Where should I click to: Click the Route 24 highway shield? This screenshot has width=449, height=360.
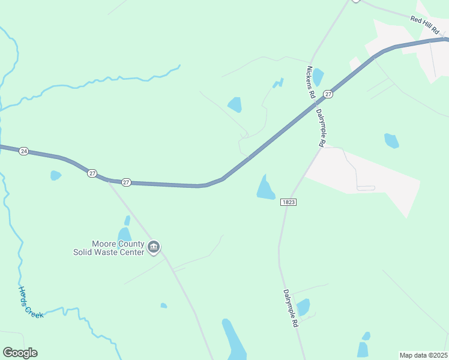click(23, 151)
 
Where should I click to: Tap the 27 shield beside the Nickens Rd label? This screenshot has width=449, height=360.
click(327, 94)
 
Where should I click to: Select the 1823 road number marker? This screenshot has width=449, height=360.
click(288, 203)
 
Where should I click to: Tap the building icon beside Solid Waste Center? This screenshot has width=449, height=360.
click(154, 247)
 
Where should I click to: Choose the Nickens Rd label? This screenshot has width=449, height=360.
click(310, 82)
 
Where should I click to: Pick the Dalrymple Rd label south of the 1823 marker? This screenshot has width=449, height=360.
click(291, 308)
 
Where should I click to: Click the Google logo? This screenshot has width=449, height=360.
click(20, 353)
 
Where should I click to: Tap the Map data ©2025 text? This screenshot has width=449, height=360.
click(423, 355)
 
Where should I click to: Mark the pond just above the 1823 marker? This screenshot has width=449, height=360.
click(265, 188)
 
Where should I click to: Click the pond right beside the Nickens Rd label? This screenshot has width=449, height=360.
click(318, 77)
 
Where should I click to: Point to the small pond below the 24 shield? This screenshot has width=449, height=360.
click(55, 175)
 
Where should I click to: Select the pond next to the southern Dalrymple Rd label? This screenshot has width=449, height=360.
click(303, 307)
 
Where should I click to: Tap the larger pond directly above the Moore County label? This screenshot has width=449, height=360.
click(124, 234)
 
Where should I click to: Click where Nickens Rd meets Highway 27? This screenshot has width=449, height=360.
click(314, 103)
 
